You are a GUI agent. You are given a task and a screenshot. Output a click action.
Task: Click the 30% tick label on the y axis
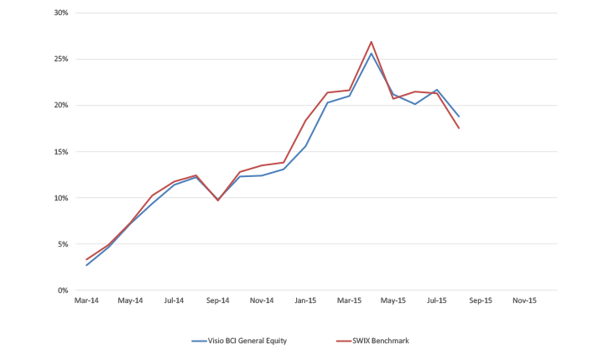[x=61, y=13]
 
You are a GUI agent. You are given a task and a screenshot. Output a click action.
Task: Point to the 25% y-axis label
[x=61, y=59]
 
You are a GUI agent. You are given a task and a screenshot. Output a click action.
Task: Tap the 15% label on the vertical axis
[x=61, y=152]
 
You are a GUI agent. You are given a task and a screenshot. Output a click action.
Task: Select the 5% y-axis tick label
[x=63, y=244]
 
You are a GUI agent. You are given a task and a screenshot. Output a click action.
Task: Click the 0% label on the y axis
[x=63, y=290]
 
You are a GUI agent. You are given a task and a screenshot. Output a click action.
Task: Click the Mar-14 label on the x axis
[x=86, y=300]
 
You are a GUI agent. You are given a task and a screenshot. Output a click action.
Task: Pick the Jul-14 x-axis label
[x=174, y=300]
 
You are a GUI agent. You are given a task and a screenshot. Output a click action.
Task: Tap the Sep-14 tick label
[x=218, y=300]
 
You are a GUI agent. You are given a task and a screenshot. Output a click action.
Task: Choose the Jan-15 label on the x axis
[x=305, y=300]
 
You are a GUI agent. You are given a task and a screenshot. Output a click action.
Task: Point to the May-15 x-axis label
[x=393, y=300]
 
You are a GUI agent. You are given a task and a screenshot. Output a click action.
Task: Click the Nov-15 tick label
[x=524, y=300]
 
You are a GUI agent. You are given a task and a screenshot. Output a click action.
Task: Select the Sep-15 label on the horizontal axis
[x=481, y=300]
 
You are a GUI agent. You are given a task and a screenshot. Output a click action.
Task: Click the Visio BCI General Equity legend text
[x=247, y=341]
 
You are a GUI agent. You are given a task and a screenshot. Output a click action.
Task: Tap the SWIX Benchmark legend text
[x=381, y=341]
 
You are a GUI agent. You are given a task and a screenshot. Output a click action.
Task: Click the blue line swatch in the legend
[x=199, y=341]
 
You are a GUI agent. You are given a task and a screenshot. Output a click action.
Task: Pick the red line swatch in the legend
[x=344, y=341]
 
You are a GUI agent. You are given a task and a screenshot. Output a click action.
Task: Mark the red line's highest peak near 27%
[x=371, y=42]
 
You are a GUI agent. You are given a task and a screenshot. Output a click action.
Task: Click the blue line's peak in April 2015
[x=371, y=53]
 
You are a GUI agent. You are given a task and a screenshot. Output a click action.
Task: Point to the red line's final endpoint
[x=459, y=128]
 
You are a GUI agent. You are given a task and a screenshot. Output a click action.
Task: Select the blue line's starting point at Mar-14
[x=86, y=265]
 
